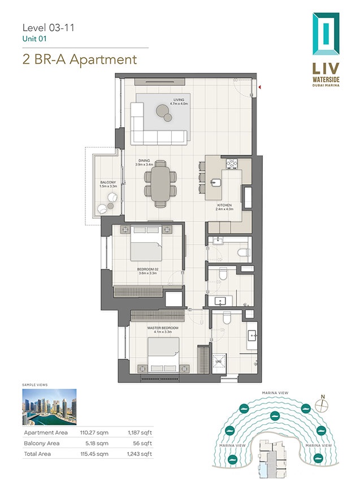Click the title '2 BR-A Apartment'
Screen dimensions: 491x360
click(x=79, y=59)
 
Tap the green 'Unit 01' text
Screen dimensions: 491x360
click(x=34, y=38)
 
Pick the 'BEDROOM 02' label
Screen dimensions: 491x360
click(x=148, y=270)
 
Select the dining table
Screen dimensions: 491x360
click(x=160, y=184)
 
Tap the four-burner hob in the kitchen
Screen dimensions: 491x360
click(x=232, y=164)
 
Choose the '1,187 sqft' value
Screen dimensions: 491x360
click(x=141, y=433)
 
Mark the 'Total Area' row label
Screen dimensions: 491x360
click(x=39, y=454)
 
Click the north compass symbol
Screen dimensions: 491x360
click(x=323, y=405)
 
